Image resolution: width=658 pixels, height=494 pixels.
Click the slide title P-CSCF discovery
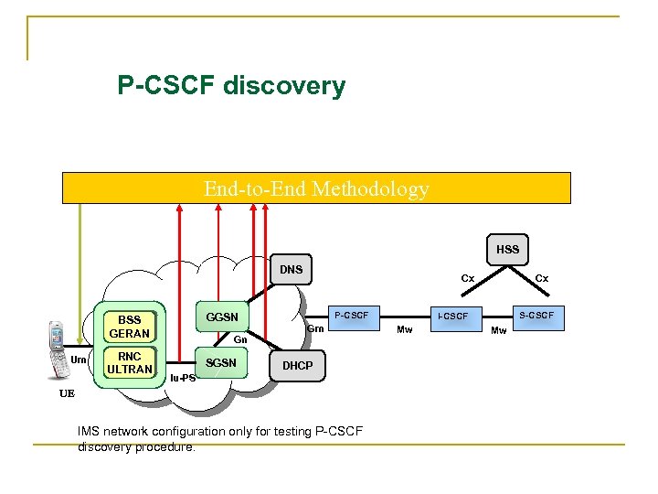point(231,87)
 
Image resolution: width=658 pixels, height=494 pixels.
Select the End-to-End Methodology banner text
point(316,189)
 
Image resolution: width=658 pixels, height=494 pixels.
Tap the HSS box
point(507,250)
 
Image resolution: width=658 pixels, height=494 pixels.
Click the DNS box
point(291,270)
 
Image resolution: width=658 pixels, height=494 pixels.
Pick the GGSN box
point(222,317)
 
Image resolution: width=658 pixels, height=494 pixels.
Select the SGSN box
point(221,363)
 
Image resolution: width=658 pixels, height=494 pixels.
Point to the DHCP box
point(297,365)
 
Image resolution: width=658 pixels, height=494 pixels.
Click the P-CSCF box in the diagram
point(351,316)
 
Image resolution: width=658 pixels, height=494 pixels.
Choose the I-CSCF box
point(452,317)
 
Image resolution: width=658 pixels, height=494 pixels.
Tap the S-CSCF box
point(536,316)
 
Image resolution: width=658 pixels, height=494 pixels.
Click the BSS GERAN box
point(129,327)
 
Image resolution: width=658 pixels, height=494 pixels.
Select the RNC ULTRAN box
point(129,363)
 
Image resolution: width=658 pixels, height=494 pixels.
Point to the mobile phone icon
point(58,349)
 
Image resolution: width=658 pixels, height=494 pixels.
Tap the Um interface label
point(80,360)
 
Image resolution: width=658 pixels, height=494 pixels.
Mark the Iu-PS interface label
point(182,378)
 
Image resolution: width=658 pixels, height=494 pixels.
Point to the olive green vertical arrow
point(80,265)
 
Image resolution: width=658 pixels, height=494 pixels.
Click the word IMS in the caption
point(91,433)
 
